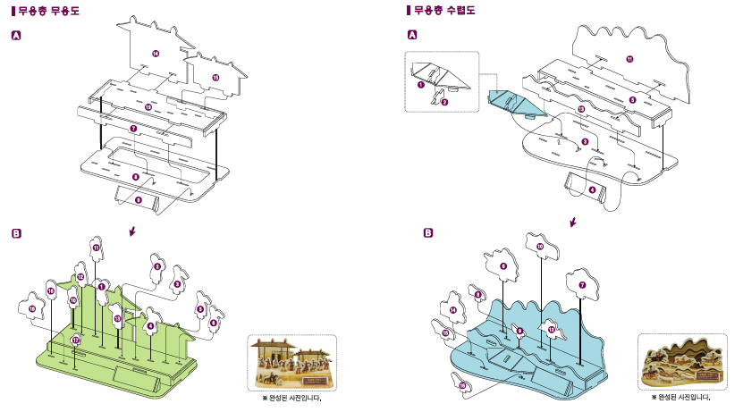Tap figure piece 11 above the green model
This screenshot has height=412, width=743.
point(97,247)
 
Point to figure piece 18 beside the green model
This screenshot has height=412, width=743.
point(32,307)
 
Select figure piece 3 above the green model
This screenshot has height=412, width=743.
point(157,266)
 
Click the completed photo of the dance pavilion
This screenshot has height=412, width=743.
point(291,363)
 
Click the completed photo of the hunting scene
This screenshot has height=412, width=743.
point(683,363)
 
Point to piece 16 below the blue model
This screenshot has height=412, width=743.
point(462,385)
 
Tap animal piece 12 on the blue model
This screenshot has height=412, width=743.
point(552,330)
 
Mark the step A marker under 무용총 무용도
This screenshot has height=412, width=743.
point(16,36)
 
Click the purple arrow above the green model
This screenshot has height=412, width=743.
point(132,231)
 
